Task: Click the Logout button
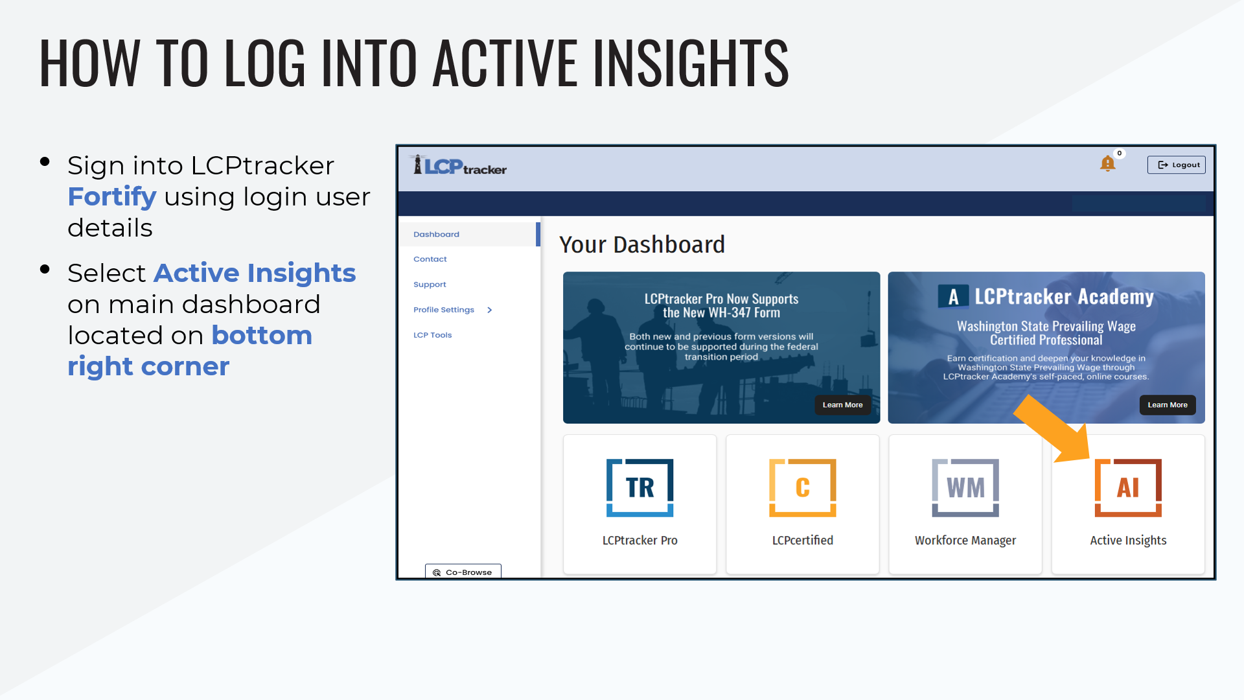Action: [x=1176, y=165]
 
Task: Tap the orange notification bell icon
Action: [x=1108, y=163]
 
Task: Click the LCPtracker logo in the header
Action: [x=459, y=165]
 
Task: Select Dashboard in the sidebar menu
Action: [x=436, y=234]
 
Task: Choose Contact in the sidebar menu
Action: [x=430, y=259]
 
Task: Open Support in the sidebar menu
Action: [x=430, y=285]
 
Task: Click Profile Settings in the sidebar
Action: [x=444, y=310]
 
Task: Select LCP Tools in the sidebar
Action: [x=433, y=335]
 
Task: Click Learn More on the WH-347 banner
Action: [x=842, y=405]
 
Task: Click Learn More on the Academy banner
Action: [x=1168, y=405]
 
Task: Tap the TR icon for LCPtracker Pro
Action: [x=640, y=487]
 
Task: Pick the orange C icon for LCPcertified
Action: [x=803, y=487]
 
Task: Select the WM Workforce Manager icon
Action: [x=965, y=487]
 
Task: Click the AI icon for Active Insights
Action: [x=1128, y=487]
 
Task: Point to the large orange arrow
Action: [x=1051, y=428]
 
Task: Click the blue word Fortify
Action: [x=112, y=197]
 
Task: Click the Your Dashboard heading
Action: [x=642, y=244]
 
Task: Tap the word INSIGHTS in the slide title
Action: [x=691, y=63]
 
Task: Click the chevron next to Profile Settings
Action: [x=490, y=310]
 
